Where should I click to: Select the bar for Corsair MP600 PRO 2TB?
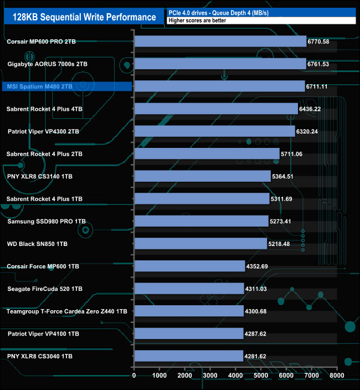220,42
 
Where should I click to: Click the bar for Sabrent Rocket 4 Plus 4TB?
216,109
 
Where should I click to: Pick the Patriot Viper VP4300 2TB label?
43,131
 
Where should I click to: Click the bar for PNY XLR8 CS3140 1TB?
202,176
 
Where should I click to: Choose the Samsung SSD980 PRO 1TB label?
47,221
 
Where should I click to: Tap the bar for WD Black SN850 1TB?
200,244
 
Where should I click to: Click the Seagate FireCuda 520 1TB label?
45,289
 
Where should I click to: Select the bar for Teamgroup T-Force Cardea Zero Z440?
189,311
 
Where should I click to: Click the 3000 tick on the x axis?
210,375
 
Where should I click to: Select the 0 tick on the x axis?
134,375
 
